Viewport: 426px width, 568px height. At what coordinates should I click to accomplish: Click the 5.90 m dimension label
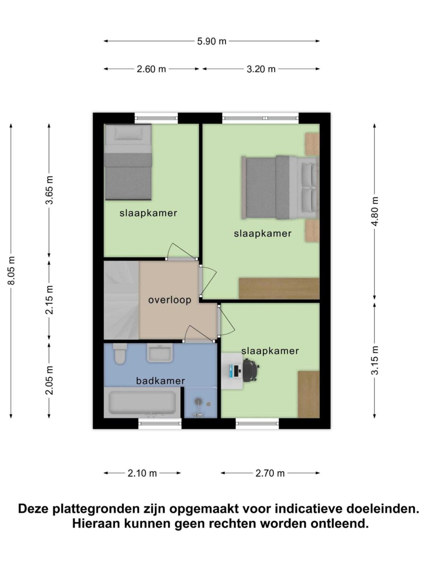coord(212,41)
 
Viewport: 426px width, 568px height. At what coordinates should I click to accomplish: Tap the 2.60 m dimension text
coord(151,69)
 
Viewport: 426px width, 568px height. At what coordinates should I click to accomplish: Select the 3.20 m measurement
coord(261,69)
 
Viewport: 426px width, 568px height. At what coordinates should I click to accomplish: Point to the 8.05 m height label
coord(12,270)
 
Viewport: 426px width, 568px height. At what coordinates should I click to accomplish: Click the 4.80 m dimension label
coord(375,212)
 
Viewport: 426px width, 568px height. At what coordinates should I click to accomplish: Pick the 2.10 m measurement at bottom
coord(142,473)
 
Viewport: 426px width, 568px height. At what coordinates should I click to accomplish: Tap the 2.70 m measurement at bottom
coord(270,473)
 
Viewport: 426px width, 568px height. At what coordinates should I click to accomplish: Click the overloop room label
coord(170,300)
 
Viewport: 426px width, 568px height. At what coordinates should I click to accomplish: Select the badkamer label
coord(160,381)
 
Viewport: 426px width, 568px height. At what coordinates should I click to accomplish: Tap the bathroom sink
coord(160,354)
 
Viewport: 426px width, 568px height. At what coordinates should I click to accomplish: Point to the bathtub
coord(142,403)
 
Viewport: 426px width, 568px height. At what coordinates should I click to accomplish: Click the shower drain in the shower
coord(198,401)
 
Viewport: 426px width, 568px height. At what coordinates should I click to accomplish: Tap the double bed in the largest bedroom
coord(279,187)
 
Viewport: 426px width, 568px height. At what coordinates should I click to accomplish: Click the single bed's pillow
coord(128,133)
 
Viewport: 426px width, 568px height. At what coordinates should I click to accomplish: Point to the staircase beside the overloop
coord(121,300)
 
